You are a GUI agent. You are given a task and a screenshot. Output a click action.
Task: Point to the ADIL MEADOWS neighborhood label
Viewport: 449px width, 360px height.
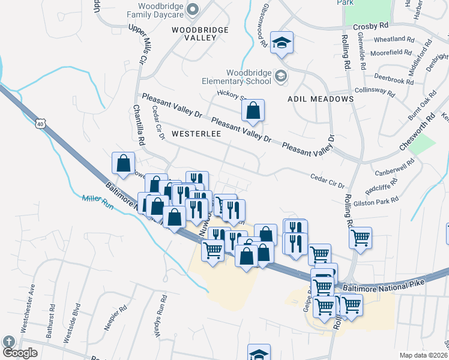click(x=320, y=98)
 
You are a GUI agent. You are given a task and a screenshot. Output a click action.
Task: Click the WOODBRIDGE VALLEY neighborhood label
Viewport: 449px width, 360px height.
click(x=193, y=33)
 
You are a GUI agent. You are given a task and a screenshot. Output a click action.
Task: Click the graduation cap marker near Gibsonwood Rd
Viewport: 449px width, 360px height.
click(x=281, y=43)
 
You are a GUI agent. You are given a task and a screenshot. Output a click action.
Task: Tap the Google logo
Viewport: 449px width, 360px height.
click(x=20, y=353)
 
